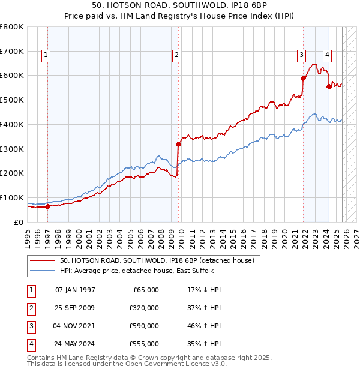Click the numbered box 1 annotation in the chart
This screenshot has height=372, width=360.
click(x=46, y=55)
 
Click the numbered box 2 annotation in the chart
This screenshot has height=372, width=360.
click(x=177, y=55)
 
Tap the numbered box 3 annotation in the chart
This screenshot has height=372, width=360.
click(x=301, y=55)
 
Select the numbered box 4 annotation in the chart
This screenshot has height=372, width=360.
click(x=327, y=55)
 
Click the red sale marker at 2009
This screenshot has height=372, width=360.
click(x=178, y=144)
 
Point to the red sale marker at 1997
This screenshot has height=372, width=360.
click(x=48, y=206)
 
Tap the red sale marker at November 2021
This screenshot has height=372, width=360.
click(x=304, y=77)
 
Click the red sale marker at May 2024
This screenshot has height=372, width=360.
click(x=329, y=86)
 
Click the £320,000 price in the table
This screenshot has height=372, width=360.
click(x=144, y=308)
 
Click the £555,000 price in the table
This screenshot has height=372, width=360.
click(x=144, y=344)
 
